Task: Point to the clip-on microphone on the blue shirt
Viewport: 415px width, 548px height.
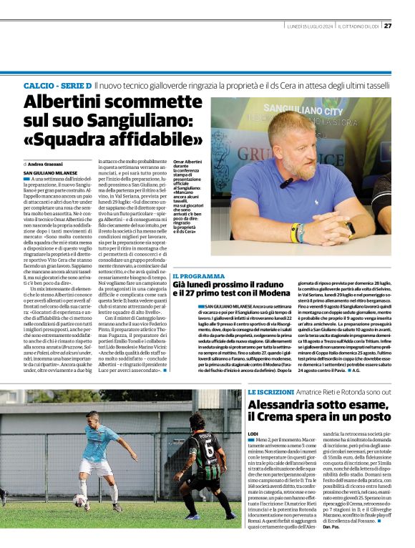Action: point(285,183)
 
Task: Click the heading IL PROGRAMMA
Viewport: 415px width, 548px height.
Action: point(198,275)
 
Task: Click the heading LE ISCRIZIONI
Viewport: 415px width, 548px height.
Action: point(271,393)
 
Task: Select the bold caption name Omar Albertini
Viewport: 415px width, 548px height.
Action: point(187,163)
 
